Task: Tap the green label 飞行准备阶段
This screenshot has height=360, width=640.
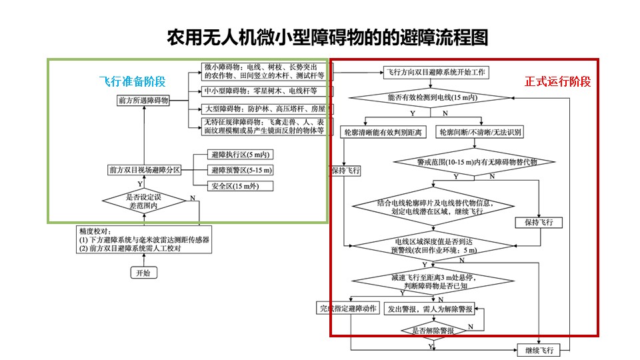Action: point(132,81)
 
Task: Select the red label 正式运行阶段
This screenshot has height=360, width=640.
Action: point(557,81)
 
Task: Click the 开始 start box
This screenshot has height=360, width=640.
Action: point(143,272)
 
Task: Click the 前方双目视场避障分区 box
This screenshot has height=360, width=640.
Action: point(145,170)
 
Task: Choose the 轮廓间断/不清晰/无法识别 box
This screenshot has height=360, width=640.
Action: point(480,132)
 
